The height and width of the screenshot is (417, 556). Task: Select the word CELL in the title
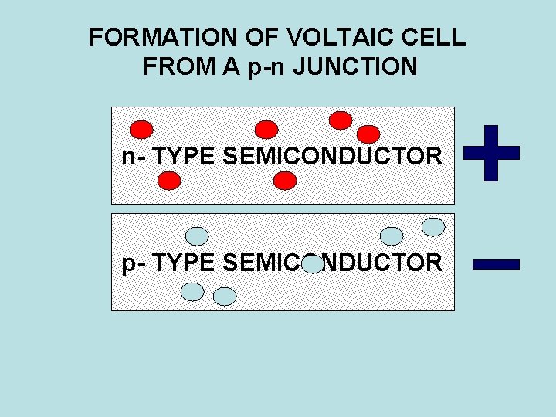pos(437,37)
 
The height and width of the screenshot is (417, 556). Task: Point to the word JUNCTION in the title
pos(363,67)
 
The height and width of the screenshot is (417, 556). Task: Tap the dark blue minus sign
pos(496,264)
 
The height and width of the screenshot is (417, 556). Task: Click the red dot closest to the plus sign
pos(368,134)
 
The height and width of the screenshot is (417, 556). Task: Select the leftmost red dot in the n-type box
pos(141,130)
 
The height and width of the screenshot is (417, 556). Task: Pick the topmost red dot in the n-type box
pos(341,120)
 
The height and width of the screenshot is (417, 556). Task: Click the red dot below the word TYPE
pos(169,181)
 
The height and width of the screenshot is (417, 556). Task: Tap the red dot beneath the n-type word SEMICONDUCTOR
pos(285,181)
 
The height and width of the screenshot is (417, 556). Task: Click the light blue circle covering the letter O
pos(312,264)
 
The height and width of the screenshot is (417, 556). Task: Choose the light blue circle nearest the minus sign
pos(434,226)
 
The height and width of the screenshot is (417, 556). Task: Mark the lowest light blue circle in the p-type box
pos(224,297)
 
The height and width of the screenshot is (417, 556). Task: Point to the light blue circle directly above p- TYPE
pos(198,235)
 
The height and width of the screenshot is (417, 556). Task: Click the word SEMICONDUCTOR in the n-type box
pos(332,158)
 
